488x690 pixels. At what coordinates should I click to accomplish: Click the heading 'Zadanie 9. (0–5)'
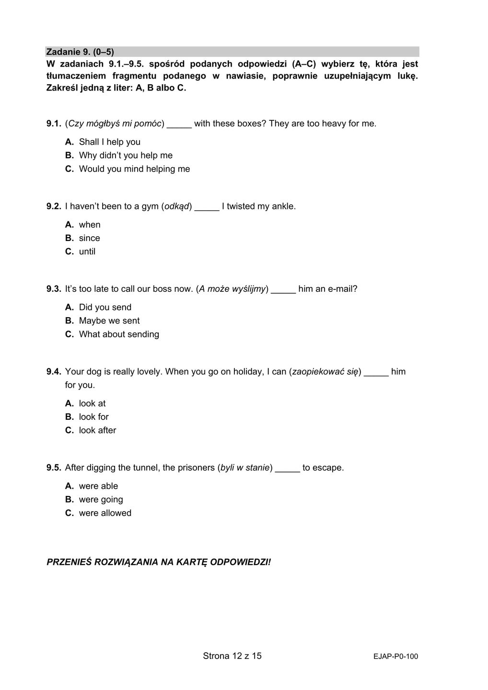coord(80,52)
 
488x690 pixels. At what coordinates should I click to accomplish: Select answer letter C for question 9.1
coord(70,169)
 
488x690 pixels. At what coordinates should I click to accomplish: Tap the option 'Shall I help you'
coord(109,142)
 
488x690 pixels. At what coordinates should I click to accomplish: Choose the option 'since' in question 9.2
coord(89,238)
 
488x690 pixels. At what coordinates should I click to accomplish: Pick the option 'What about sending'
coord(119,334)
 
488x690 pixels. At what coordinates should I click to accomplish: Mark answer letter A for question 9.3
coord(70,308)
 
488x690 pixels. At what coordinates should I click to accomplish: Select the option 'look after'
coord(97,430)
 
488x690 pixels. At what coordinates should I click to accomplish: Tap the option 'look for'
coord(93,417)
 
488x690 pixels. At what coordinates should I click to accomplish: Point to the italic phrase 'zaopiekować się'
coord(325,372)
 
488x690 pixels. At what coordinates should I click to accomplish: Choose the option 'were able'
coord(98,486)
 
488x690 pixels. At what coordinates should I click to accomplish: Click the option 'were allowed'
coord(105,513)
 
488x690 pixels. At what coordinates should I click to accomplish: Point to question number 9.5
coord(54,468)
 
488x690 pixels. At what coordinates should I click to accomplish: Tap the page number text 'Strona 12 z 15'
coord(232,656)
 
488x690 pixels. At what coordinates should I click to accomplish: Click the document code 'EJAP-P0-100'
coord(395,657)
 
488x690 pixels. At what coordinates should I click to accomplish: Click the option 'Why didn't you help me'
coord(126,156)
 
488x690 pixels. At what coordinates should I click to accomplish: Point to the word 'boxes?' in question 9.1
coord(252,124)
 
